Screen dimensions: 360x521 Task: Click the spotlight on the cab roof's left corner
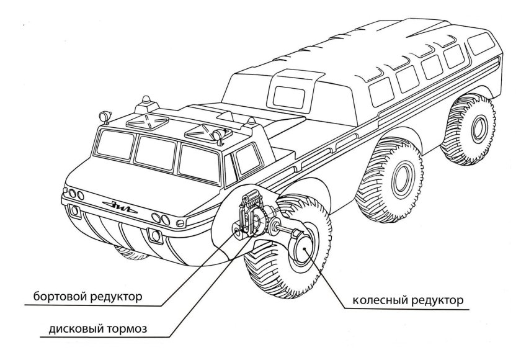(102, 116)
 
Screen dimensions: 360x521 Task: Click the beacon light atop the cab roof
(146, 100)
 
